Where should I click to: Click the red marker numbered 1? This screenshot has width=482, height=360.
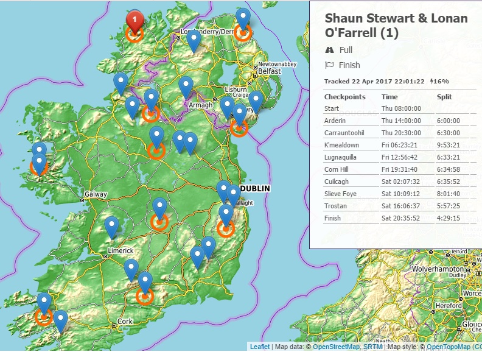tap(135, 21)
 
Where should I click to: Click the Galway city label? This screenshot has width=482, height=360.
tap(96, 195)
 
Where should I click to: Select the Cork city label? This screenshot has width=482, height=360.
tap(125, 321)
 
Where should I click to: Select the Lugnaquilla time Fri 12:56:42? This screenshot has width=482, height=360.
tap(401, 157)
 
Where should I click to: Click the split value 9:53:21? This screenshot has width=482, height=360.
tap(449, 145)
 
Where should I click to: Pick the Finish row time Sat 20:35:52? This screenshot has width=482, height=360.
tap(401, 218)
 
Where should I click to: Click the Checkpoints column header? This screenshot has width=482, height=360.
tap(344, 97)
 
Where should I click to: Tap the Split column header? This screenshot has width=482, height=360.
tap(444, 97)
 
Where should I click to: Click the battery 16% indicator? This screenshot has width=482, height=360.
tap(439, 81)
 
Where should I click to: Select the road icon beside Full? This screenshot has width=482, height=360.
tap(329, 50)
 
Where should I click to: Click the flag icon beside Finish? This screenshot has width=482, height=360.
tap(329, 65)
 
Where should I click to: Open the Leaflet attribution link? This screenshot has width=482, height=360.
tap(259, 347)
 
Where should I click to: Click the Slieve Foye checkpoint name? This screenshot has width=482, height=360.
tap(341, 194)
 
